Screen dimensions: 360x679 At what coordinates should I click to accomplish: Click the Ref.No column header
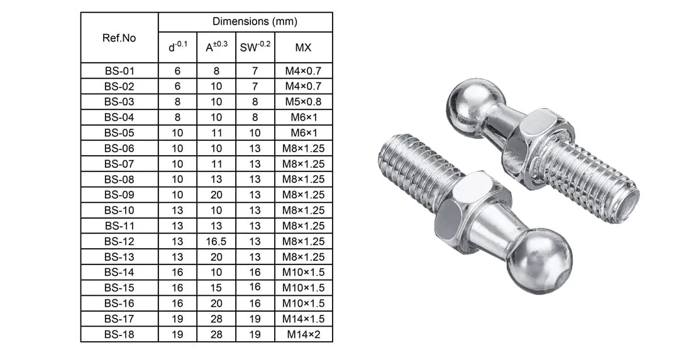119,38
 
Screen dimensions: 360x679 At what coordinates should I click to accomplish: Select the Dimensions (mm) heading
245,21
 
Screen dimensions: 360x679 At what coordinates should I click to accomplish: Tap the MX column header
304,48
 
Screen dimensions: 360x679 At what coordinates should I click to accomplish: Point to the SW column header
255,48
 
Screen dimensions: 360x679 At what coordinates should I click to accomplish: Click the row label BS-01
119,71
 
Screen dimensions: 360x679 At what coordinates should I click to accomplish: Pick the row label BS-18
119,334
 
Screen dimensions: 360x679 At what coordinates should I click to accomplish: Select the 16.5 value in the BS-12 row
216,241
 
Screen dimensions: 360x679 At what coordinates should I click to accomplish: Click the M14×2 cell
304,334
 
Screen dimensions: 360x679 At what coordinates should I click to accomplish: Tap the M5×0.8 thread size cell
304,102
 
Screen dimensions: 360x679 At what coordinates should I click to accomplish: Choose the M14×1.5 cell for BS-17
304,319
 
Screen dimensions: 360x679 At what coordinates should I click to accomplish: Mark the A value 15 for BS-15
216,288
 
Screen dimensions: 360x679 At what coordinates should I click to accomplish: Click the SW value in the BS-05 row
255,133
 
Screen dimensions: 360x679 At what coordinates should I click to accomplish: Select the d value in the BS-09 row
177,195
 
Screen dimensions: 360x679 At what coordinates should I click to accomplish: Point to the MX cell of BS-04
304,117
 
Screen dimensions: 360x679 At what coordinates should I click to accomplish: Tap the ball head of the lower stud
539,260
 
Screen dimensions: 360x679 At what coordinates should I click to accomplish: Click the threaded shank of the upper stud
594,182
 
